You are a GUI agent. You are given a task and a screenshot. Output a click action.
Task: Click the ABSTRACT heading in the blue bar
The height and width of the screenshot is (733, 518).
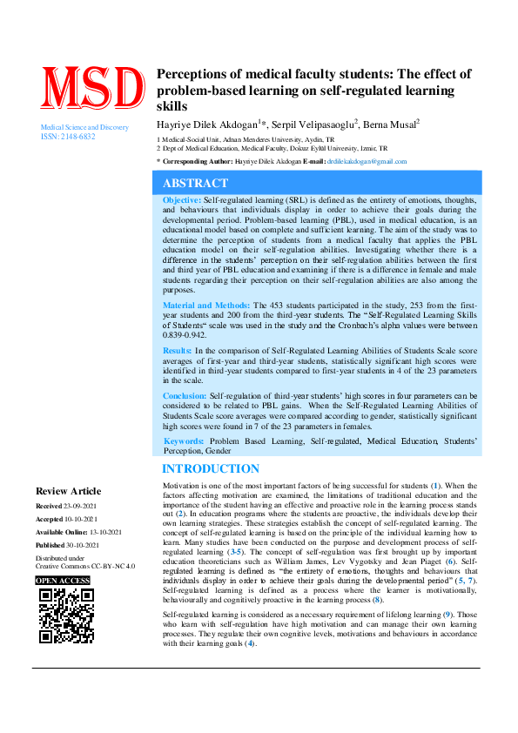click(196, 184)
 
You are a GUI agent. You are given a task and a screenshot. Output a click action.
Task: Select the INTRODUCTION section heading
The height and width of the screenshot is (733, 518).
click(211, 469)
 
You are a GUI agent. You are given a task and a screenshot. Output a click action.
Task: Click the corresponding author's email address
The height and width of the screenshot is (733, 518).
click(367, 162)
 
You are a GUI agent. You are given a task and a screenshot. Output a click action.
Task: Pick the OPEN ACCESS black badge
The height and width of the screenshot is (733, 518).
click(64, 581)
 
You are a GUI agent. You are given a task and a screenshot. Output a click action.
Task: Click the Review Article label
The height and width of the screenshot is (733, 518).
click(68, 491)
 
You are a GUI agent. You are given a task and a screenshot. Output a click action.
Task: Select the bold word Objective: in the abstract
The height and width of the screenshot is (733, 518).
click(182, 200)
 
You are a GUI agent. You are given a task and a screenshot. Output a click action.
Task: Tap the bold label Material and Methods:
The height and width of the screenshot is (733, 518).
click(206, 306)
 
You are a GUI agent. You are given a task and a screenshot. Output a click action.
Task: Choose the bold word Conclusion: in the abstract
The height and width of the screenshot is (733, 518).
click(185, 395)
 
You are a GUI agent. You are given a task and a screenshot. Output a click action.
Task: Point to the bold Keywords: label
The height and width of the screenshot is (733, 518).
click(184, 441)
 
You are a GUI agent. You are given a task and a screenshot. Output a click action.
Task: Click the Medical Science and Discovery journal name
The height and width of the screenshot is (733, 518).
click(84, 127)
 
